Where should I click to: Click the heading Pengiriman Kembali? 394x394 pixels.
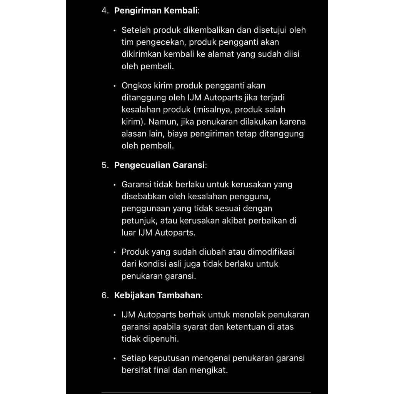pyautogui.click(x=156, y=10)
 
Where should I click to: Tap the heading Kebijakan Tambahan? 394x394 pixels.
pyautogui.click(x=157, y=295)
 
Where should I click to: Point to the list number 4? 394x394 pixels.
pyautogui.click(x=105, y=10)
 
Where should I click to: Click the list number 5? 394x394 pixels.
pyautogui.click(x=105, y=165)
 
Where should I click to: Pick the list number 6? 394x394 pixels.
pyautogui.click(x=105, y=295)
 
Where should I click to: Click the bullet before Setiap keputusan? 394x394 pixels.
pyautogui.click(x=115, y=359)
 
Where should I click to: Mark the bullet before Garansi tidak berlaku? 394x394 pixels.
pyautogui.click(x=115, y=185)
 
